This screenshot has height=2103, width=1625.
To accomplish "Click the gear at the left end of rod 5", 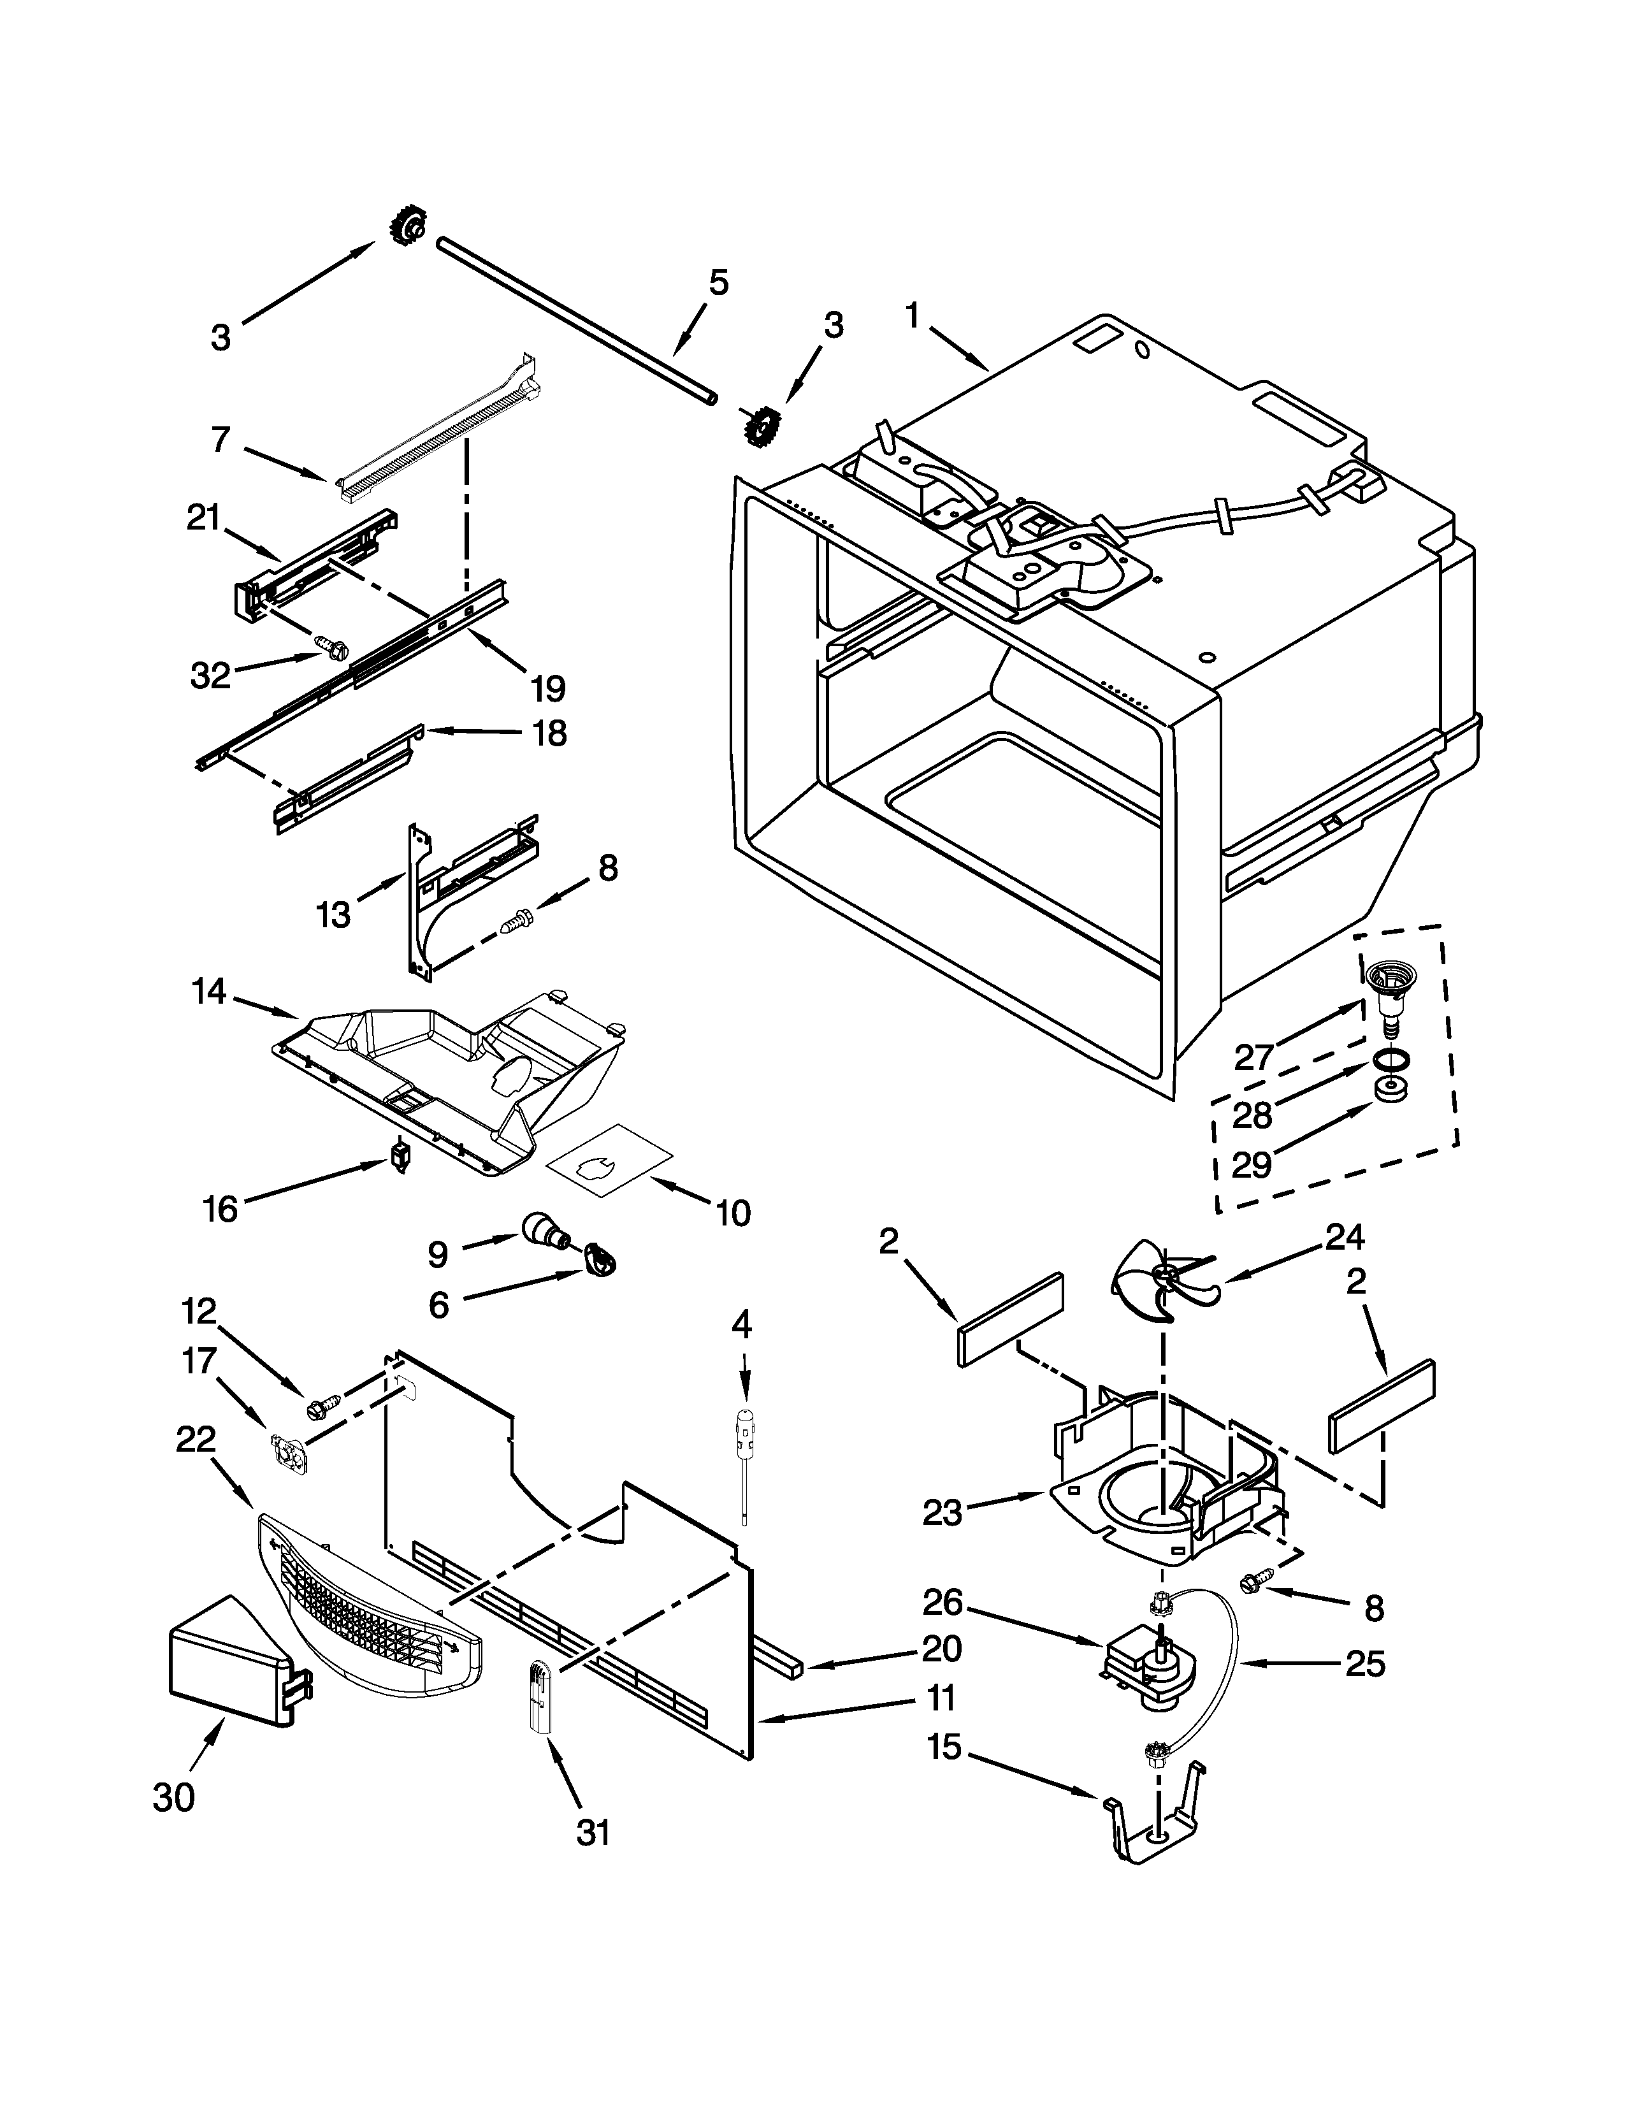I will click(407, 228).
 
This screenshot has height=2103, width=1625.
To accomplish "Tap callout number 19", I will click(547, 688).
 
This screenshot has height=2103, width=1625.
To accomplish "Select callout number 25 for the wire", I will click(1364, 1663).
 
